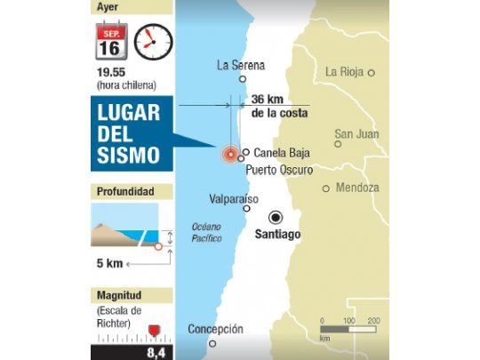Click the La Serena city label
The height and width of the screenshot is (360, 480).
[241, 65]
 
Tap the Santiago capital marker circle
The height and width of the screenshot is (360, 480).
[276, 216]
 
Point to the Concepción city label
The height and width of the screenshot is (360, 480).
[215, 329]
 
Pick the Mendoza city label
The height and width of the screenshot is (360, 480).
[357, 188]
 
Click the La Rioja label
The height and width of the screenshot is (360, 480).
[344, 72]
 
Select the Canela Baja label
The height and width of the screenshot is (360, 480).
[281, 152]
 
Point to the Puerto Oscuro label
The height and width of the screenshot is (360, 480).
[279, 169]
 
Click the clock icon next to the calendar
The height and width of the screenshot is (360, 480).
[153, 42]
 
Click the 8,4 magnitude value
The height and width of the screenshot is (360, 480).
[156, 353]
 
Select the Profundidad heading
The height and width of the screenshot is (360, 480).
[123, 191]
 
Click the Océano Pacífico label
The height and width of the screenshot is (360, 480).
[206, 232]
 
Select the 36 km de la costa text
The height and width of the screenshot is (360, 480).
[279, 106]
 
